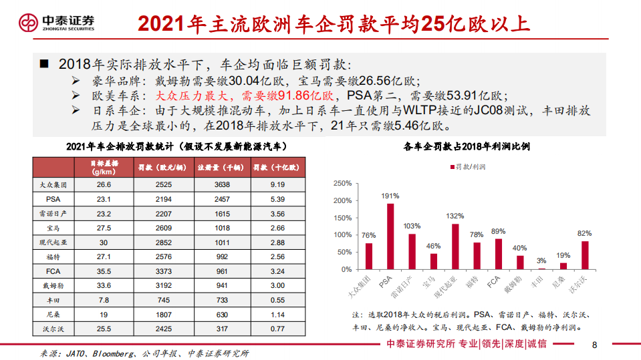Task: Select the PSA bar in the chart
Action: (390, 236)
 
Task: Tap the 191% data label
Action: (390, 196)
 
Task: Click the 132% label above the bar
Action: (455, 216)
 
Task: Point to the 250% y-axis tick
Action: (342, 183)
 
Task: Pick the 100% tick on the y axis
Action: (342, 235)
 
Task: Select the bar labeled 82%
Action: (585, 255)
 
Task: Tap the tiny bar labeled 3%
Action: (541, 268)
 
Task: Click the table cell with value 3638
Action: (223, 184)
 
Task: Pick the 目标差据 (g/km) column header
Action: (104, 166)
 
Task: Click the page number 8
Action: (594, 345)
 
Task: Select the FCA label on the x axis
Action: (494, 282)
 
